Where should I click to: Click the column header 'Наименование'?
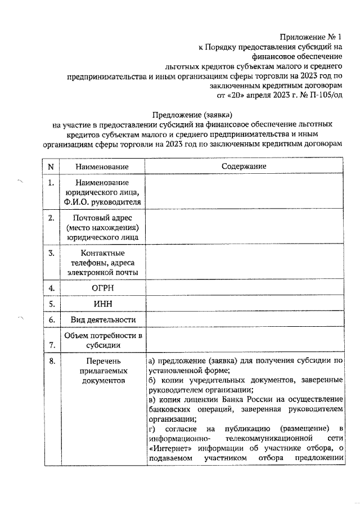[102, 167]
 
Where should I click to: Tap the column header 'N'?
[51, 167]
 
